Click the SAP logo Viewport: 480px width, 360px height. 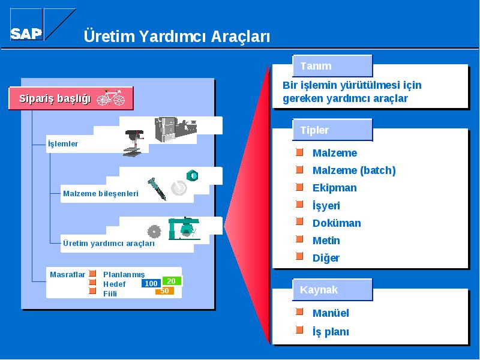43,25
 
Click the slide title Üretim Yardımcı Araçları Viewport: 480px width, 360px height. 176,36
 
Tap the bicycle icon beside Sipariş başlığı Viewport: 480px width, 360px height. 111,97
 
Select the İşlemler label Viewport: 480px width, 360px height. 63,143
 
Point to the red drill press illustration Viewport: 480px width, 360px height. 133,143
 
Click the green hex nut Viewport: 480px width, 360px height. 192,175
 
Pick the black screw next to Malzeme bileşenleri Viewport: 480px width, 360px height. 157,189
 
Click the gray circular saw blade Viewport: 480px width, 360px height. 154,232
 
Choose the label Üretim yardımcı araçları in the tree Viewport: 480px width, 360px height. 109,244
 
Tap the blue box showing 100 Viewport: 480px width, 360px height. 151,283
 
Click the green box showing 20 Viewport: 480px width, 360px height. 172,281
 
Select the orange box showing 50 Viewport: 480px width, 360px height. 164,291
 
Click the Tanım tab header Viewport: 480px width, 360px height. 332,66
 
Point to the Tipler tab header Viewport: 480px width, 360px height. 332,130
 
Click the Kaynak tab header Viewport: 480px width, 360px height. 332,290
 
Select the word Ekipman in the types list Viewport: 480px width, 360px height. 335,188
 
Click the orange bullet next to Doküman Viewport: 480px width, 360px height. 299,221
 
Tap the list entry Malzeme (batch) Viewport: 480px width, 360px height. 354,170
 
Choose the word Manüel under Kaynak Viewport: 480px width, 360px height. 331,313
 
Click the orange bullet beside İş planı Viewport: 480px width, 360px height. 299,329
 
